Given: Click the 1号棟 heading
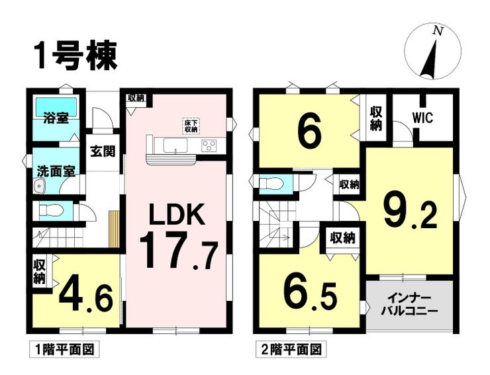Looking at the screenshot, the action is pyautogui.click(x=76, y=56).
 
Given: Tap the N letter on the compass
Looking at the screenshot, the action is pyautogui.click(x=439, y=30).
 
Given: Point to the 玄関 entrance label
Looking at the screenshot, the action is pyautogui.click(x=103, y=151).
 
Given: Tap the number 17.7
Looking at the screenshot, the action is pyautogui.click(x=178, y=252).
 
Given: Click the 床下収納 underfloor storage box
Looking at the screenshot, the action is pyautogui.click(x=191, y=126).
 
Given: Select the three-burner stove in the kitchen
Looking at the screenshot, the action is pyautogui.click(x=209, y=146).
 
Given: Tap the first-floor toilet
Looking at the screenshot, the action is pyautogui.click(x=52, y=211).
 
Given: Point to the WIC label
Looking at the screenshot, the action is pyautogui.click(x=422, y=118).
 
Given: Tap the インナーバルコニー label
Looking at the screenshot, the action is pyautogui.click(x=409, y=304).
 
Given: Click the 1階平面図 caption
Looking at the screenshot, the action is pyautogui.click(x=64, y=349).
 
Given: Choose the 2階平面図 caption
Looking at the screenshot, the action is pyautogui.click(x=291, y=349).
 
